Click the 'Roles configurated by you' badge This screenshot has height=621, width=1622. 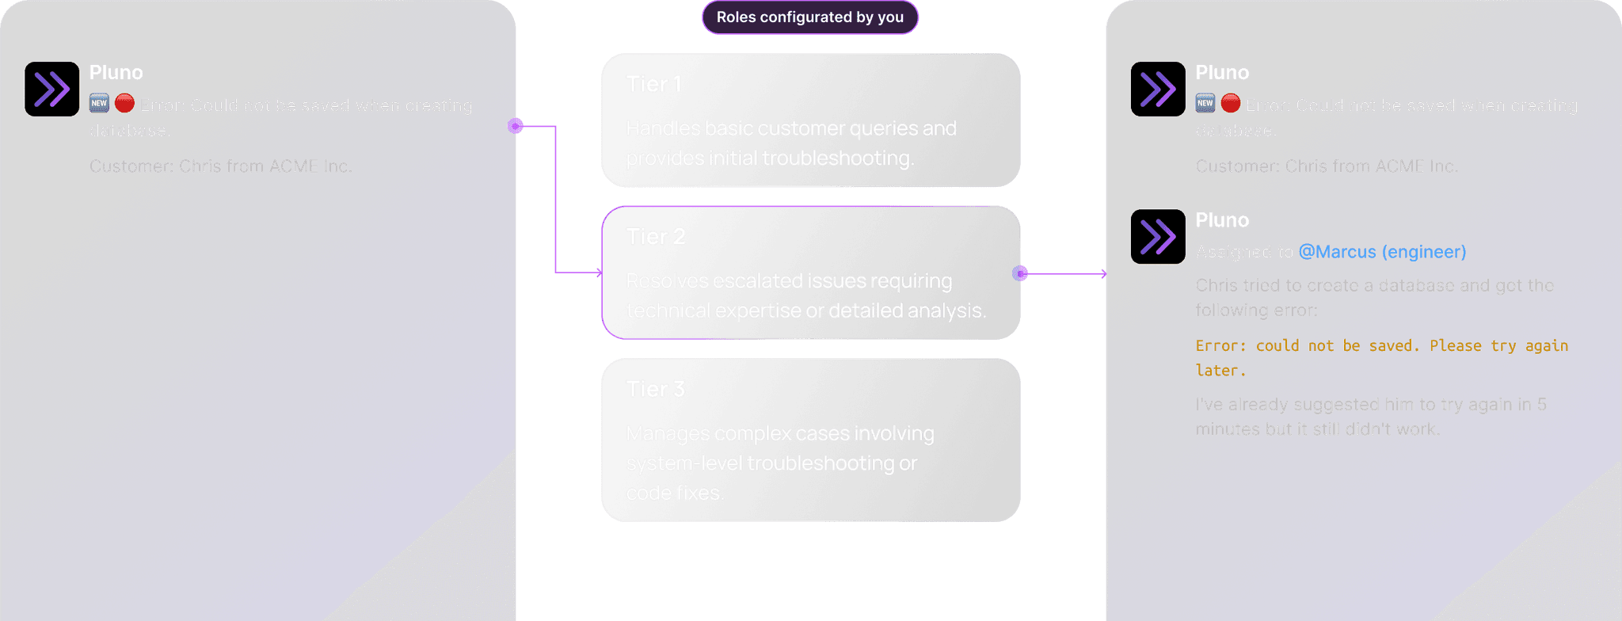tap(809, 17)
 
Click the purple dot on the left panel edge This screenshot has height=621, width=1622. tap(516, 126)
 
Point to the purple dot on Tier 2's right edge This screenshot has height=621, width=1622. tap(1020, 273)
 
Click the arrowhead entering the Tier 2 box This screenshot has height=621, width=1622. tap(599, 272)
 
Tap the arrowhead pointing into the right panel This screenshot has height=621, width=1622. tap(1103, 274)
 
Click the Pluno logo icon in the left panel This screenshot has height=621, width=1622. tap(52, 90)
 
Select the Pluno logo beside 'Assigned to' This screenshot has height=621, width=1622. tap(1158, 237)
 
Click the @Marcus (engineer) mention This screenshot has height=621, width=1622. tap(1382, 252)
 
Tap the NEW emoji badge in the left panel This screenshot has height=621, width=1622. tap(99, 103)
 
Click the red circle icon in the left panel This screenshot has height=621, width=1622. tap(124, 103)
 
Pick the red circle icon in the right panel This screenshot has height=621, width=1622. tap(1230, 103)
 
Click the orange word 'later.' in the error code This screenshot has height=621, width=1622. tap(1220, 371)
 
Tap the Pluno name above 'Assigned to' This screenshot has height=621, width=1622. tap(1222, 220)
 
